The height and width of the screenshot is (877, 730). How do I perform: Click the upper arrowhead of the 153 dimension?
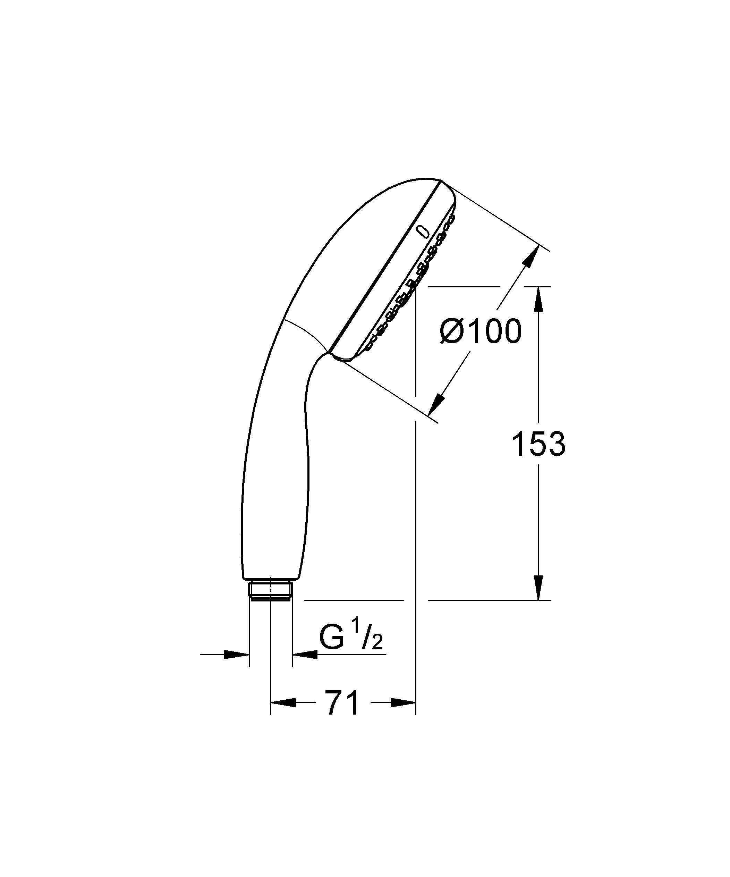click(538, 298)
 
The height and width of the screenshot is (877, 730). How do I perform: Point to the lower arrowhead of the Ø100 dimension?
click(436, 403)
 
